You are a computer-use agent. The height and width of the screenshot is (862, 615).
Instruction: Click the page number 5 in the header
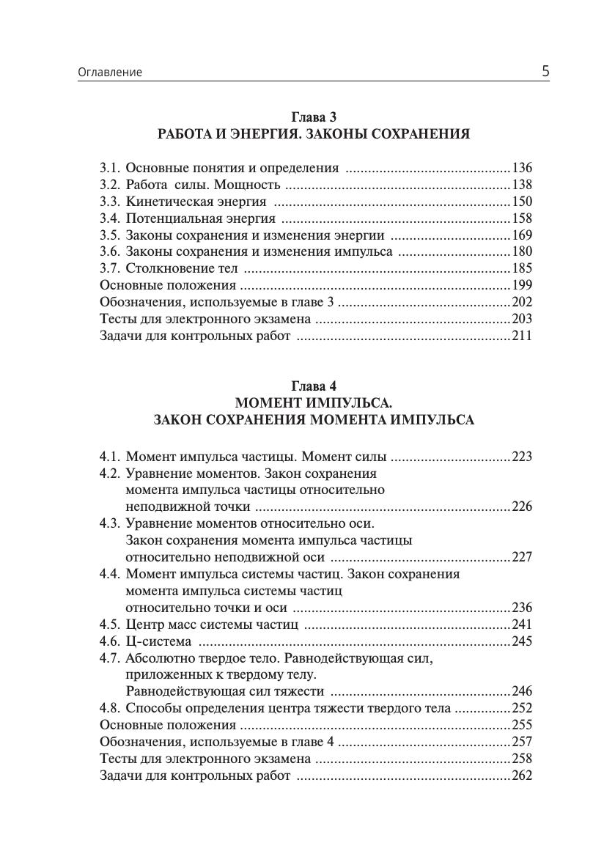coord(545,71)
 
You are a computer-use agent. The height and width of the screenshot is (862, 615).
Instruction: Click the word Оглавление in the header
coord(110,73)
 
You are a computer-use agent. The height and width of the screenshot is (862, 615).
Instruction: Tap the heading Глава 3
coord(314,117)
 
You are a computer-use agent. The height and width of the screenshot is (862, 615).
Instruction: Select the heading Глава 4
coord(314,386)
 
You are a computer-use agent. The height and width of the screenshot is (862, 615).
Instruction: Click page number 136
coord(522,168)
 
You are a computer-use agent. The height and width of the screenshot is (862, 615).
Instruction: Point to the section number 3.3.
coord(109,202)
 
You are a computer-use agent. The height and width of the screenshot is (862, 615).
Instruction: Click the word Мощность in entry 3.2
coord(243,185)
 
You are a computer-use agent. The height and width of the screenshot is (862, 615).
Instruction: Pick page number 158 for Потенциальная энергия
coord(522,218)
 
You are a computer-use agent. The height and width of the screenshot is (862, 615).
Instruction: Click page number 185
coord(522,269)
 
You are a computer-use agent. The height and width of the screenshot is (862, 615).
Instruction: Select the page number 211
coord(522,336)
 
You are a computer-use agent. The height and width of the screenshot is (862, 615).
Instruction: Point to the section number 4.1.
coord(109,457)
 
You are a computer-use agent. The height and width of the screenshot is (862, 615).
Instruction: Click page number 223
coord(522,457)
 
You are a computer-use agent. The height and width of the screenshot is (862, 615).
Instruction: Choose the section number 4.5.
coord(109,625)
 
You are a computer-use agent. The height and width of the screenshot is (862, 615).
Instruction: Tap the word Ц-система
coord(158,641)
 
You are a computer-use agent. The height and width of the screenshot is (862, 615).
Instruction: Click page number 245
coord(522,641)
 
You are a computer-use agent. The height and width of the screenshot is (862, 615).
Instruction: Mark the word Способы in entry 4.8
coord(151,708)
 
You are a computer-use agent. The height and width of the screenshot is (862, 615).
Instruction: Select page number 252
coord(522,708)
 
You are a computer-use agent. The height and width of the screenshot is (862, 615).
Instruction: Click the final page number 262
coord(522,776)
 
